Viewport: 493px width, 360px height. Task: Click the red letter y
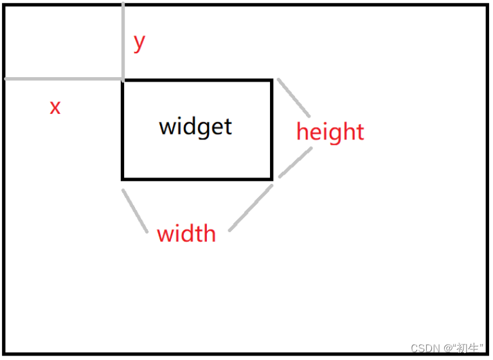point(139,43)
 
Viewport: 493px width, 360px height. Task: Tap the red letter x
point(55,107)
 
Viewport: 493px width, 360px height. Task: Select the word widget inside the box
point(195,126)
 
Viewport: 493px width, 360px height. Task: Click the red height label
point(330,132)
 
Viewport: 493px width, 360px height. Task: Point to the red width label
point(186,233)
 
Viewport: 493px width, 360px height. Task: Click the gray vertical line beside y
point(123,39)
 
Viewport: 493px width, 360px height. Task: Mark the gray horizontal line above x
point(63,79)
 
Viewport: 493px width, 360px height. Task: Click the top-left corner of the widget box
point(123,80)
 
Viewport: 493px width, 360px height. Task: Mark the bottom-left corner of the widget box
point(123,178)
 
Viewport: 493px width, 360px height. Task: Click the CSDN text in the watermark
point(424,348)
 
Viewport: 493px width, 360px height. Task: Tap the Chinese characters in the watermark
point(467,348)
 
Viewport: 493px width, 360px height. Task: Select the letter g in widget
point(207,128)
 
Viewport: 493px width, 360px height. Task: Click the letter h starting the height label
point(301,131)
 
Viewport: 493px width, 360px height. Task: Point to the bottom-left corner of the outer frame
point(5,353)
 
